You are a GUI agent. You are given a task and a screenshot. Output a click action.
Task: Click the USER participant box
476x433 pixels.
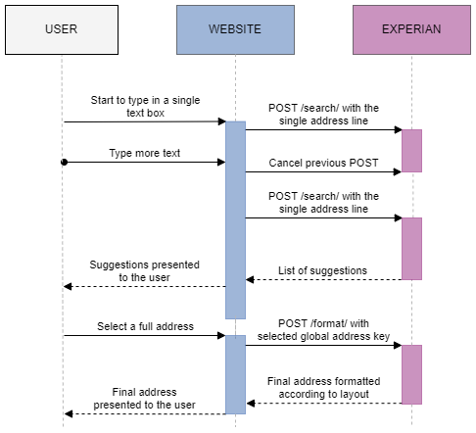(x=61, y=29)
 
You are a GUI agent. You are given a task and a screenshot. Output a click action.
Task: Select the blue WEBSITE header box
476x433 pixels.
(x=235, y=29)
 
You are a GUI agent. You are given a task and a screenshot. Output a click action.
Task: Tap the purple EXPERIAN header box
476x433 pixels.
(x=411, y=29)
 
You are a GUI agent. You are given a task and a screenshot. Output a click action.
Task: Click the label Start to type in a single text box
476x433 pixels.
(x=145, y=107)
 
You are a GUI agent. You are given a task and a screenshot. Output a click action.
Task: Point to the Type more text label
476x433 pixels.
(x=145, y=154)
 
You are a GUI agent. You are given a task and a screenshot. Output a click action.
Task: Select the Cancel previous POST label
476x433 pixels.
(x=323, y=163)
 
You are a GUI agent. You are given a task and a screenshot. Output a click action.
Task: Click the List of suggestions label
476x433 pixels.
(x=322, y=270)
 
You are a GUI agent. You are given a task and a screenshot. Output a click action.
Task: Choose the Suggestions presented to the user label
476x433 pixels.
(x=145, y=271)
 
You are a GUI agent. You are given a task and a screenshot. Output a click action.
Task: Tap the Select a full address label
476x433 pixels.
(x=145, y=326)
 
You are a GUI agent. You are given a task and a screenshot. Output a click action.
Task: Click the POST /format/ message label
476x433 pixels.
(x=323, y=330)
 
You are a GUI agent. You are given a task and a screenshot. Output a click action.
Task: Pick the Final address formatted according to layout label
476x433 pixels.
(x=323, y=387)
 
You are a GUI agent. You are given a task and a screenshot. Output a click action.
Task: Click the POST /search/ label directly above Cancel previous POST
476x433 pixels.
(x=323, y=114)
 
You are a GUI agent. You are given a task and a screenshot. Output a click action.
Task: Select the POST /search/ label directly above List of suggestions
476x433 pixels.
(x=323, y=203)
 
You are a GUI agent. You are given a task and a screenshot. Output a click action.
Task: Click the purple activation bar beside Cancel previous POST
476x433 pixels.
(x=411, y=150)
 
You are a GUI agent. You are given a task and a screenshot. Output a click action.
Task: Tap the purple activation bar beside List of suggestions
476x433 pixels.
(x=411, y=248)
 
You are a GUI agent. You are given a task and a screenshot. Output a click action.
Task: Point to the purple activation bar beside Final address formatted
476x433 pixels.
(x=411, y=374)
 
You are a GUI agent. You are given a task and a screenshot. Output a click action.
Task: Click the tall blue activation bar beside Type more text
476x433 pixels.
(x=235, y=218)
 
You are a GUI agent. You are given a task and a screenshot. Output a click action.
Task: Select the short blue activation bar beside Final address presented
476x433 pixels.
(x=235, y=374)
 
